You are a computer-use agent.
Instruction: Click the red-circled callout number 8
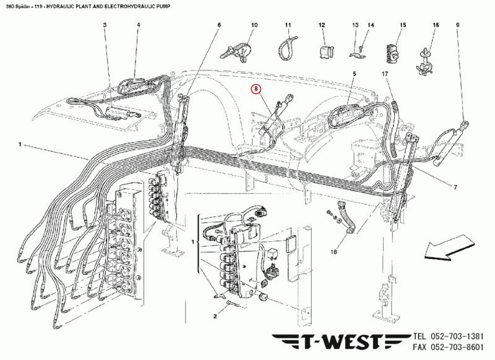(x=256, y=90)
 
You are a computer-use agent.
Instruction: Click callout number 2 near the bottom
(x=215, y=316)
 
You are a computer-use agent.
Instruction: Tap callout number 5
(x=355, y=74)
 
